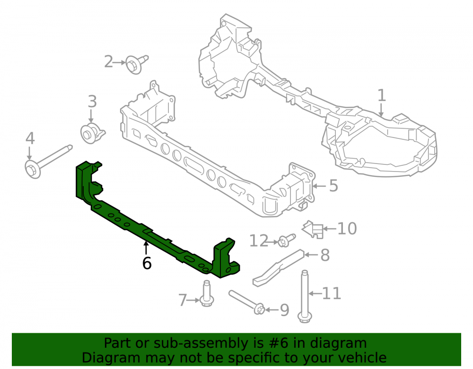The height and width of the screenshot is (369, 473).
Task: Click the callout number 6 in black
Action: click(147, 263)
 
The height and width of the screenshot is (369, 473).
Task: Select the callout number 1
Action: click(382, 95)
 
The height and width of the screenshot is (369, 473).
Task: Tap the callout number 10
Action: click(347, 229)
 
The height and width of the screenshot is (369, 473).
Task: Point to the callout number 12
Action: click(259, 240)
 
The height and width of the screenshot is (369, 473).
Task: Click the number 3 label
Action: click(92, 102)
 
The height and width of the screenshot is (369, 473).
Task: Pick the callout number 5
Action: click(333, 186)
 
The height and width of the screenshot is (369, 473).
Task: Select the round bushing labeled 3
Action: click(92, 133)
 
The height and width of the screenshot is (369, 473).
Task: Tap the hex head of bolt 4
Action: click(33, 170)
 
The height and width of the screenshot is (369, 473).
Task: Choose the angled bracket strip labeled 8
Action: click(278, 267)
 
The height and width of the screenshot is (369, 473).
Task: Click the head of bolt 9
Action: click(259, 309)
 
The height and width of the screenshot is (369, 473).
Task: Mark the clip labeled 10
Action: click(313, 230)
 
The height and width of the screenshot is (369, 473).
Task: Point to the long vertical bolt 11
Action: click(304, 296)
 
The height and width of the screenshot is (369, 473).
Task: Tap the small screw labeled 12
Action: click(286, 240)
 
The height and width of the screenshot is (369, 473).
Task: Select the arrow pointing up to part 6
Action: click(146, 248)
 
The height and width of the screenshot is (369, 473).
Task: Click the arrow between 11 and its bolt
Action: click(315, 293)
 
